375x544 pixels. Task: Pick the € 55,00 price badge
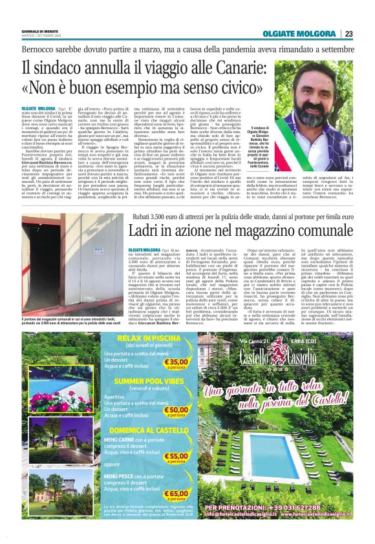click(177, 457)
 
